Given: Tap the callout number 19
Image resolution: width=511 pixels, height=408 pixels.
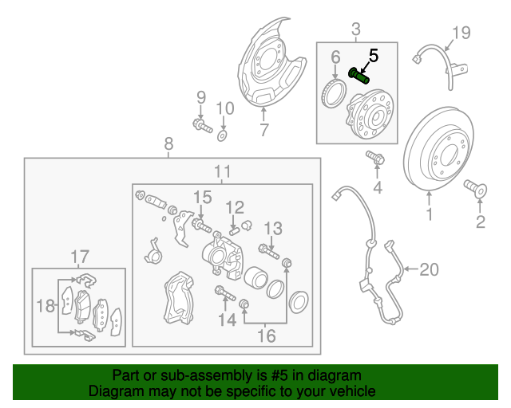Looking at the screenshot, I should pos(462,33).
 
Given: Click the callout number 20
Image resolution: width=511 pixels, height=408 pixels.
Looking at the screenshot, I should pos(429,270).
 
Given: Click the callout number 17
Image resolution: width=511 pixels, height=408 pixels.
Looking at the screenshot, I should pos(79,257).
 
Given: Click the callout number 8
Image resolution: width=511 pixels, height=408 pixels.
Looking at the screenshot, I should pos(168,143).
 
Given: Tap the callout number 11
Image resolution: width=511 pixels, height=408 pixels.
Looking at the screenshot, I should pos(222,171).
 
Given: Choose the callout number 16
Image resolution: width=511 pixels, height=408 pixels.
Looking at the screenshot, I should pos(266,336).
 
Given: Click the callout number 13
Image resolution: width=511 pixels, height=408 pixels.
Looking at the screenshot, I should pos(273,229).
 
